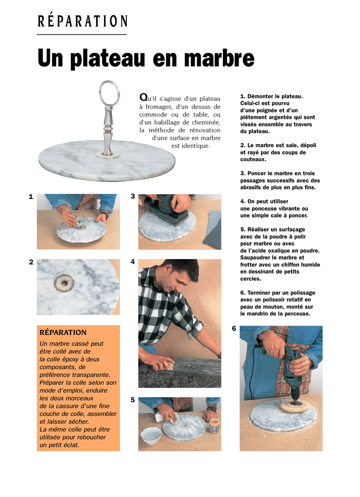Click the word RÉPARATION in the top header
pos(83,21)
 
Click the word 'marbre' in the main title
pos(219,58)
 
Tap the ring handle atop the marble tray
pos(109,93)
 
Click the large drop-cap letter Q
pos(143,97)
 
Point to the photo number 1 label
pos(31,197)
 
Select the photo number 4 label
pos(133,262)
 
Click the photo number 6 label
pos(234,329)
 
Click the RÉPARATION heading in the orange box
pos(63,332)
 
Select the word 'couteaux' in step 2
pos(253,159)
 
